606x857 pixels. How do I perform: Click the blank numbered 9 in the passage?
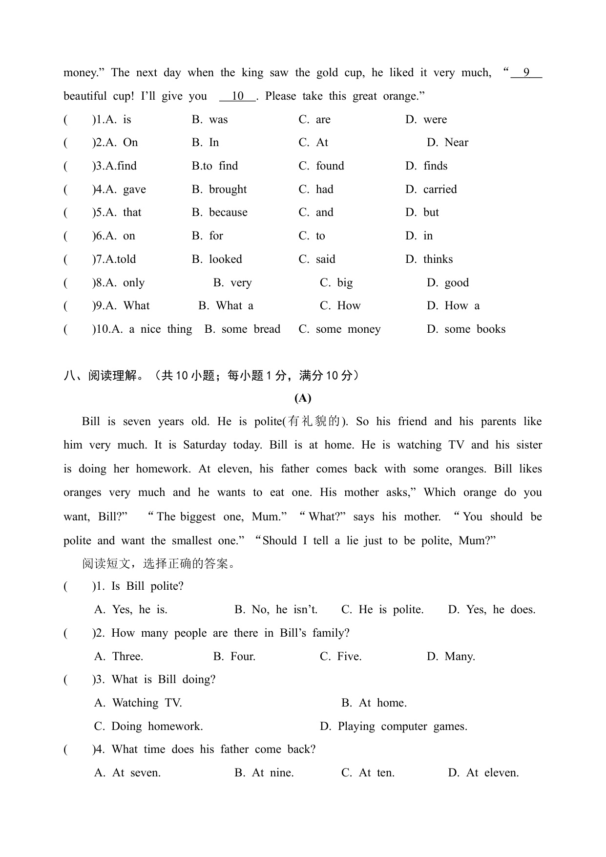pyautogui.click(x=526, y=73)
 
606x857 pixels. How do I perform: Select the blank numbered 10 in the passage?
pyautogui.click(x=237, y=96)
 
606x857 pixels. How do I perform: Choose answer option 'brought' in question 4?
pyautogui.click(x=228, y=190)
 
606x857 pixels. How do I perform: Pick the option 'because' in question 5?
pyautogui.click(x=228, y=213)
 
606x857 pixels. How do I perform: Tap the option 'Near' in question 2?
pyautogui.click(x=456, y=143)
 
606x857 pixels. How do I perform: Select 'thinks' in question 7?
pyautogui.click(x=438, y=259)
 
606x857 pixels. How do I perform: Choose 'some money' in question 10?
pyautogui.click(x=348, y=329)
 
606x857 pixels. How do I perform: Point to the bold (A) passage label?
pyautogui.click(x=303, y=398)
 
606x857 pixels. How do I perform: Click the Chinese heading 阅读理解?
pyautogui.click(x=113, y=376)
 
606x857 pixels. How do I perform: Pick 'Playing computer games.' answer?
pyautogui.click(x=402, y=727)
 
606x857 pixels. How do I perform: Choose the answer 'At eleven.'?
pyautogui.click(x=492, y=773)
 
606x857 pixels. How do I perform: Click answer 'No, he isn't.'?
pyautogui.click(x=284, y=610)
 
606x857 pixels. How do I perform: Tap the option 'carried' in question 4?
pyautogui.click(x=439, y=190)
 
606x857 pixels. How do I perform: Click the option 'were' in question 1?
pyautogui.click(x=435, y=120)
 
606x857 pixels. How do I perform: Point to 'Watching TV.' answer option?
pyautogui.click(x=146, y=703)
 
